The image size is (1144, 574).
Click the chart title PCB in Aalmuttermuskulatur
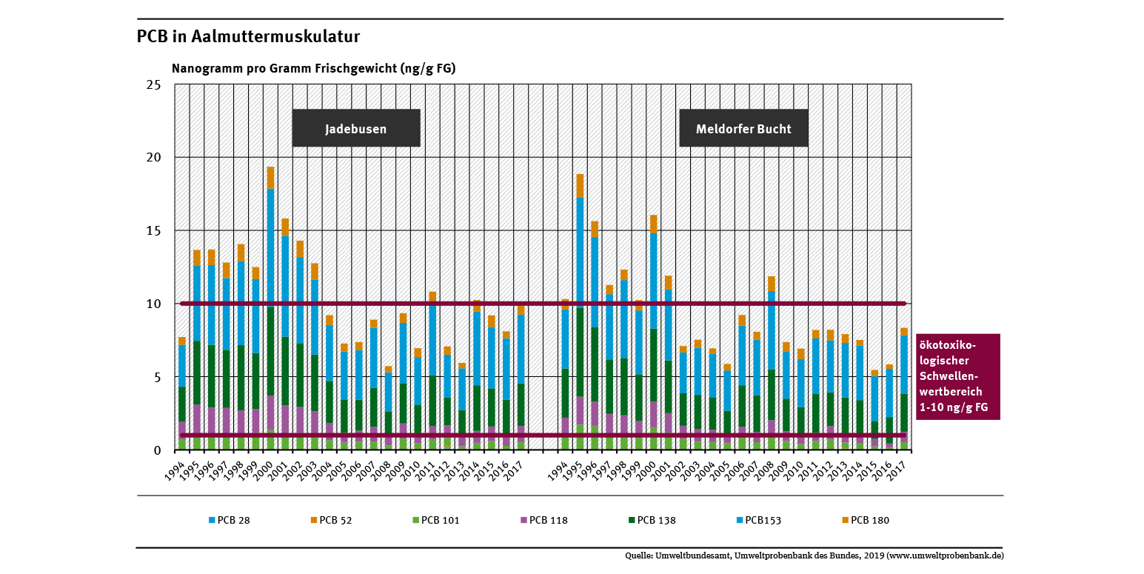coord(248,36)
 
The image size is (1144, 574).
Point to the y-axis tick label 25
coord(153,85)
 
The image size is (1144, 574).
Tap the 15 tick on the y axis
coord(153,231)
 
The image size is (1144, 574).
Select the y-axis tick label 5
coord(156,377)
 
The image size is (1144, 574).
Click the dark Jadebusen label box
coord(356,128)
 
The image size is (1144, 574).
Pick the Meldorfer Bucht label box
coord(743,128)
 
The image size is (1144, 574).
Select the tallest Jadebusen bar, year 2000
coord(270,311)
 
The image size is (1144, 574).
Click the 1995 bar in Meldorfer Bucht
coord(580,311)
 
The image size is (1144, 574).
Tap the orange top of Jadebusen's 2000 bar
coord(270,178)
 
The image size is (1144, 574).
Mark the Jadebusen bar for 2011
coord(432,370)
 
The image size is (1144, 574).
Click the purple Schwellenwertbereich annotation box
coord(958,377)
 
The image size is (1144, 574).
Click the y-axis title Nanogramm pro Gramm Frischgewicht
coord(313,68)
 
